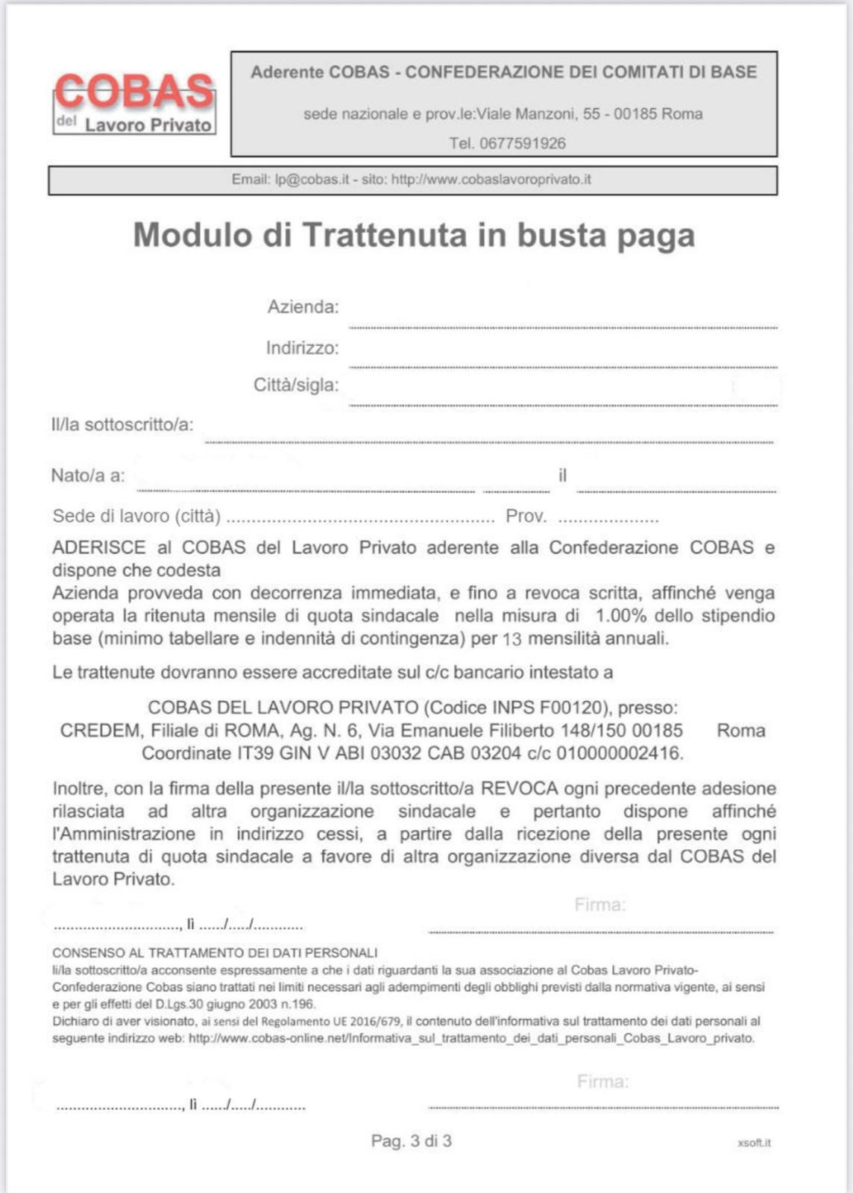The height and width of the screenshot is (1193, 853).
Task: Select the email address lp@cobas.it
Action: [312, 180]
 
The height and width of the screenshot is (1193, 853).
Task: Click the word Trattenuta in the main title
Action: [385, 235]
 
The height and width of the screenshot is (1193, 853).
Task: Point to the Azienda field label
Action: [303, 307]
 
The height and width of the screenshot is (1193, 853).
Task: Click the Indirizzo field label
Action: [302, 348]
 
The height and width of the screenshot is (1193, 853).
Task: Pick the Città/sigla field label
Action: [296, 385]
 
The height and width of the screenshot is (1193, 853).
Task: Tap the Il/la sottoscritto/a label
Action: [122, 425]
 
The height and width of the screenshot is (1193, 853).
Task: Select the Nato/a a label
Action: [88, 476]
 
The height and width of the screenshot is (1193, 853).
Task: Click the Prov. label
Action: [526, 517]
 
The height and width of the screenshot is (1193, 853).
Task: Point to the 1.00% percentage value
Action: [620, 616]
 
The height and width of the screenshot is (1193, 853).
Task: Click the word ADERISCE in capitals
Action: [99, 548]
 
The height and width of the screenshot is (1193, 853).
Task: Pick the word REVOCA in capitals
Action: [519, 789]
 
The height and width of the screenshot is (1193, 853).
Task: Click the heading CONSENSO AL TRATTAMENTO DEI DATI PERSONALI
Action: [215, 953]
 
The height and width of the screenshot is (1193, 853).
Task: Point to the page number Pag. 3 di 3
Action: [411, 1142]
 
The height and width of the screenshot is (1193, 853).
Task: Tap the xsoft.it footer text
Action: [754, 1143]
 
